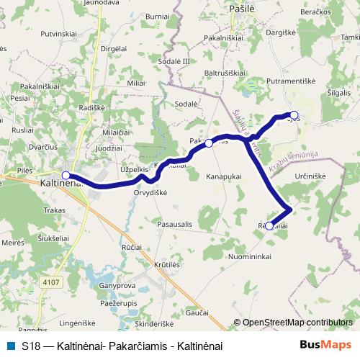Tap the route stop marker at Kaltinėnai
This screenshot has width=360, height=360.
click(x=66, y=175)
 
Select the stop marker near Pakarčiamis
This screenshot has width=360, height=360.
click(x=209, y=143)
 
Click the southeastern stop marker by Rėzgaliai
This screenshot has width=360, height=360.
click(x=269, y=226)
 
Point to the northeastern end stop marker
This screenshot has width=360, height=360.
click(x=294, y=114)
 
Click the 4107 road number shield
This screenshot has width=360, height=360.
click(x=51, y=262)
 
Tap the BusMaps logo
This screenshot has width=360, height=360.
click(x=325, y=346)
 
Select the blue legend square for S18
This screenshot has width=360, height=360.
click(x=12, y=346)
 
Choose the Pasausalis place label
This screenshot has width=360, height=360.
click(x=174, y=224)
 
